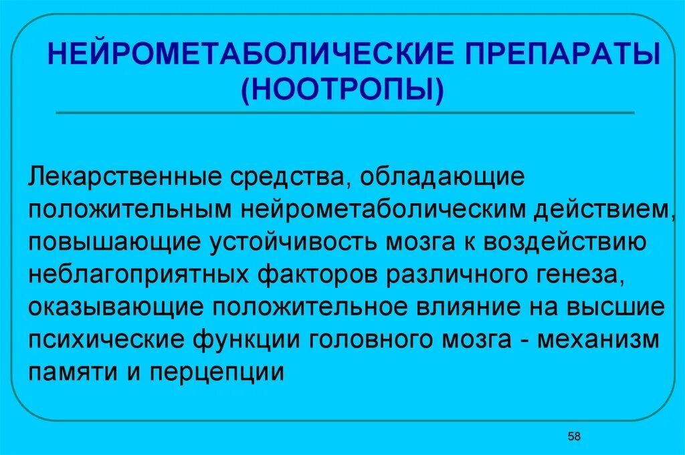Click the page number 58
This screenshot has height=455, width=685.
point(574,436)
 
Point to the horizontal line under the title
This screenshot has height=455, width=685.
point(345,113)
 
